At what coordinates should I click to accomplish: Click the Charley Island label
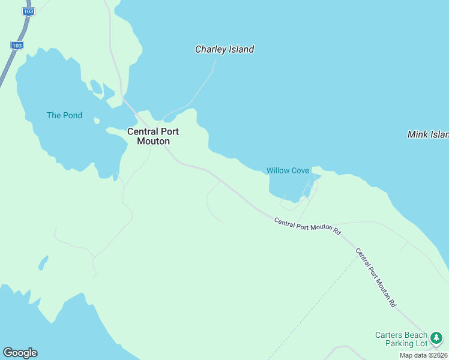click(224, 50)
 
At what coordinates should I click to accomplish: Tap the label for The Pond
click(65, 115)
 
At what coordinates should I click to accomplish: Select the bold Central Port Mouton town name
click(152, 136)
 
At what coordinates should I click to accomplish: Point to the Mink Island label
click(428, 134)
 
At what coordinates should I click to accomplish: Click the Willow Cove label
click(288, 170)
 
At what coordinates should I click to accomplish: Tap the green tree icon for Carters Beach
click(437, 338)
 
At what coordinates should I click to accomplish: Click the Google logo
click(20, 353)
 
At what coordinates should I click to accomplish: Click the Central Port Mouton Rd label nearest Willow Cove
click(307, 226)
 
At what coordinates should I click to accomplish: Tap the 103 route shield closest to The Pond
click(17, 46)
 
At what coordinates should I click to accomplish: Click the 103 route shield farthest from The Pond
click(27, 11)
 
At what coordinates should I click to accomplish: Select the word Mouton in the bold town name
click(152, 142)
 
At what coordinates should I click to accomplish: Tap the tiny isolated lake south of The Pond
click(43, 263)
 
